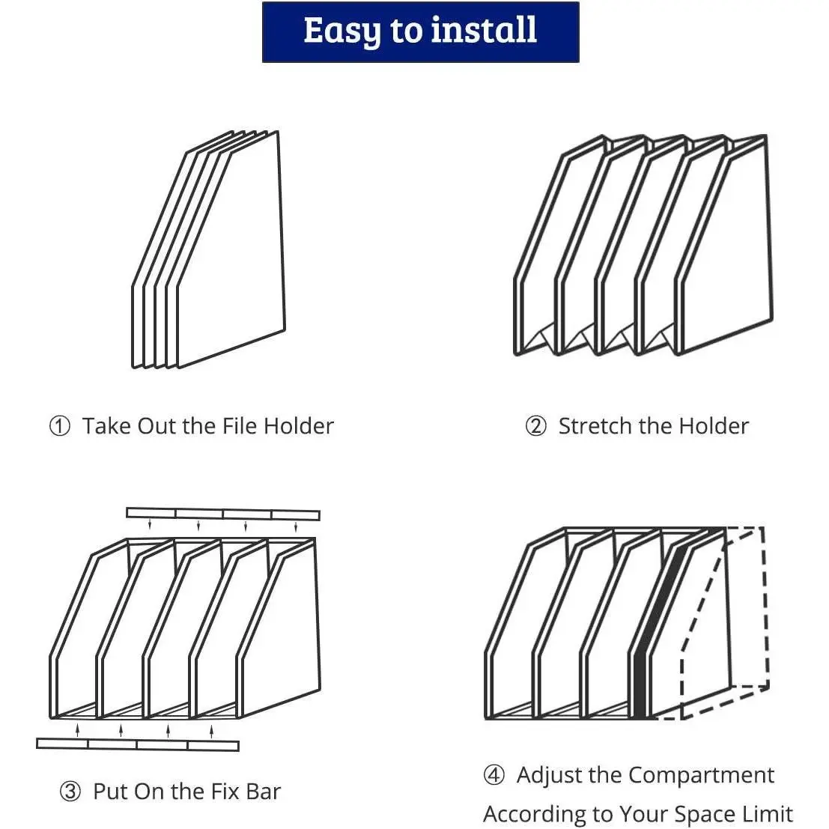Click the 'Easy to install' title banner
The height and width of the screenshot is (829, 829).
tap(420, 32)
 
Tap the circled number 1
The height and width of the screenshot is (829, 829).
tap(59, 426)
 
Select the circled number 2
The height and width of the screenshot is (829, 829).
tap(535, 426)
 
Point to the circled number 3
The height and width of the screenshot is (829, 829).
tap(70, 792)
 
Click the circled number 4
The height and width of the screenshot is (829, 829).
tap(494, 775)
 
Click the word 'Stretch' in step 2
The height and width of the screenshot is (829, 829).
tap(595, 426)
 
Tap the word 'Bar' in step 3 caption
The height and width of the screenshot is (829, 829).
tap(263, 792)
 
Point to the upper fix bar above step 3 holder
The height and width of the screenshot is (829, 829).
tap(222, 514)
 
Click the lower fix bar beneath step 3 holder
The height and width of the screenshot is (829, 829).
tap(137, 744)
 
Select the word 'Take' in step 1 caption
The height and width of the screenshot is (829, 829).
tap(106, 426)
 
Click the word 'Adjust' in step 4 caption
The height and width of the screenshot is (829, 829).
tap(550, 775)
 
